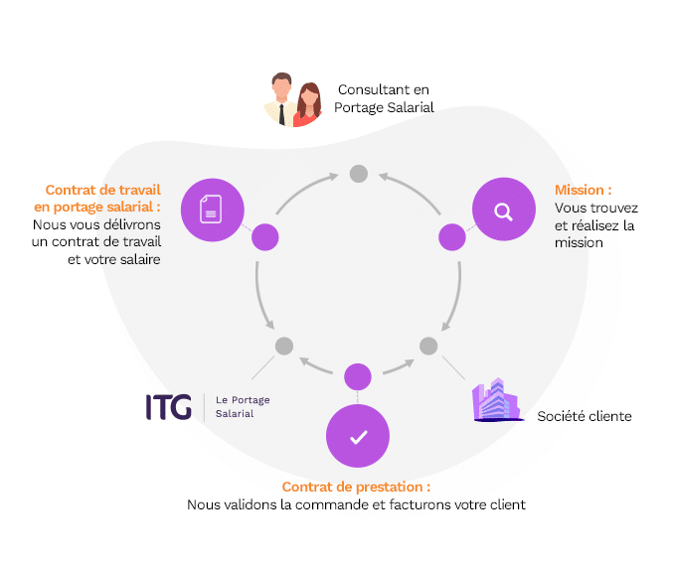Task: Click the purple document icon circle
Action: coord(211,209)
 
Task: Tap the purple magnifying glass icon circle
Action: coord(503,210)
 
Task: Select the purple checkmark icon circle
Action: coord(358,436)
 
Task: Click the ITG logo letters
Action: coord(168,406)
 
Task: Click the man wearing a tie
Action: coord(281,99)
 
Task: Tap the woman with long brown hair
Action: coord(308,104)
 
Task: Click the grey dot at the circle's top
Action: coord(359,174)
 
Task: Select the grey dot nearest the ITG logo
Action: coord(284,346)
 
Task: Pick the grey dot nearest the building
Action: coord(428,346)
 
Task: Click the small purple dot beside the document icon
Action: coord(264,237)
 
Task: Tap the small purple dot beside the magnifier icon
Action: coord(452,237)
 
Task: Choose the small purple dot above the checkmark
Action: coord(357,376)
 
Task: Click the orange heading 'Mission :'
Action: coord(583,190)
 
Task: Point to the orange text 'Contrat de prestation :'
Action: coord(356,488)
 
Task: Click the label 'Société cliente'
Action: coord(584,416)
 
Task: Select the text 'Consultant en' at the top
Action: coord(385,89)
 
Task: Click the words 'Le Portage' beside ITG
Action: coord(243,399)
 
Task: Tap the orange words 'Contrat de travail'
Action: coord(102,190)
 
